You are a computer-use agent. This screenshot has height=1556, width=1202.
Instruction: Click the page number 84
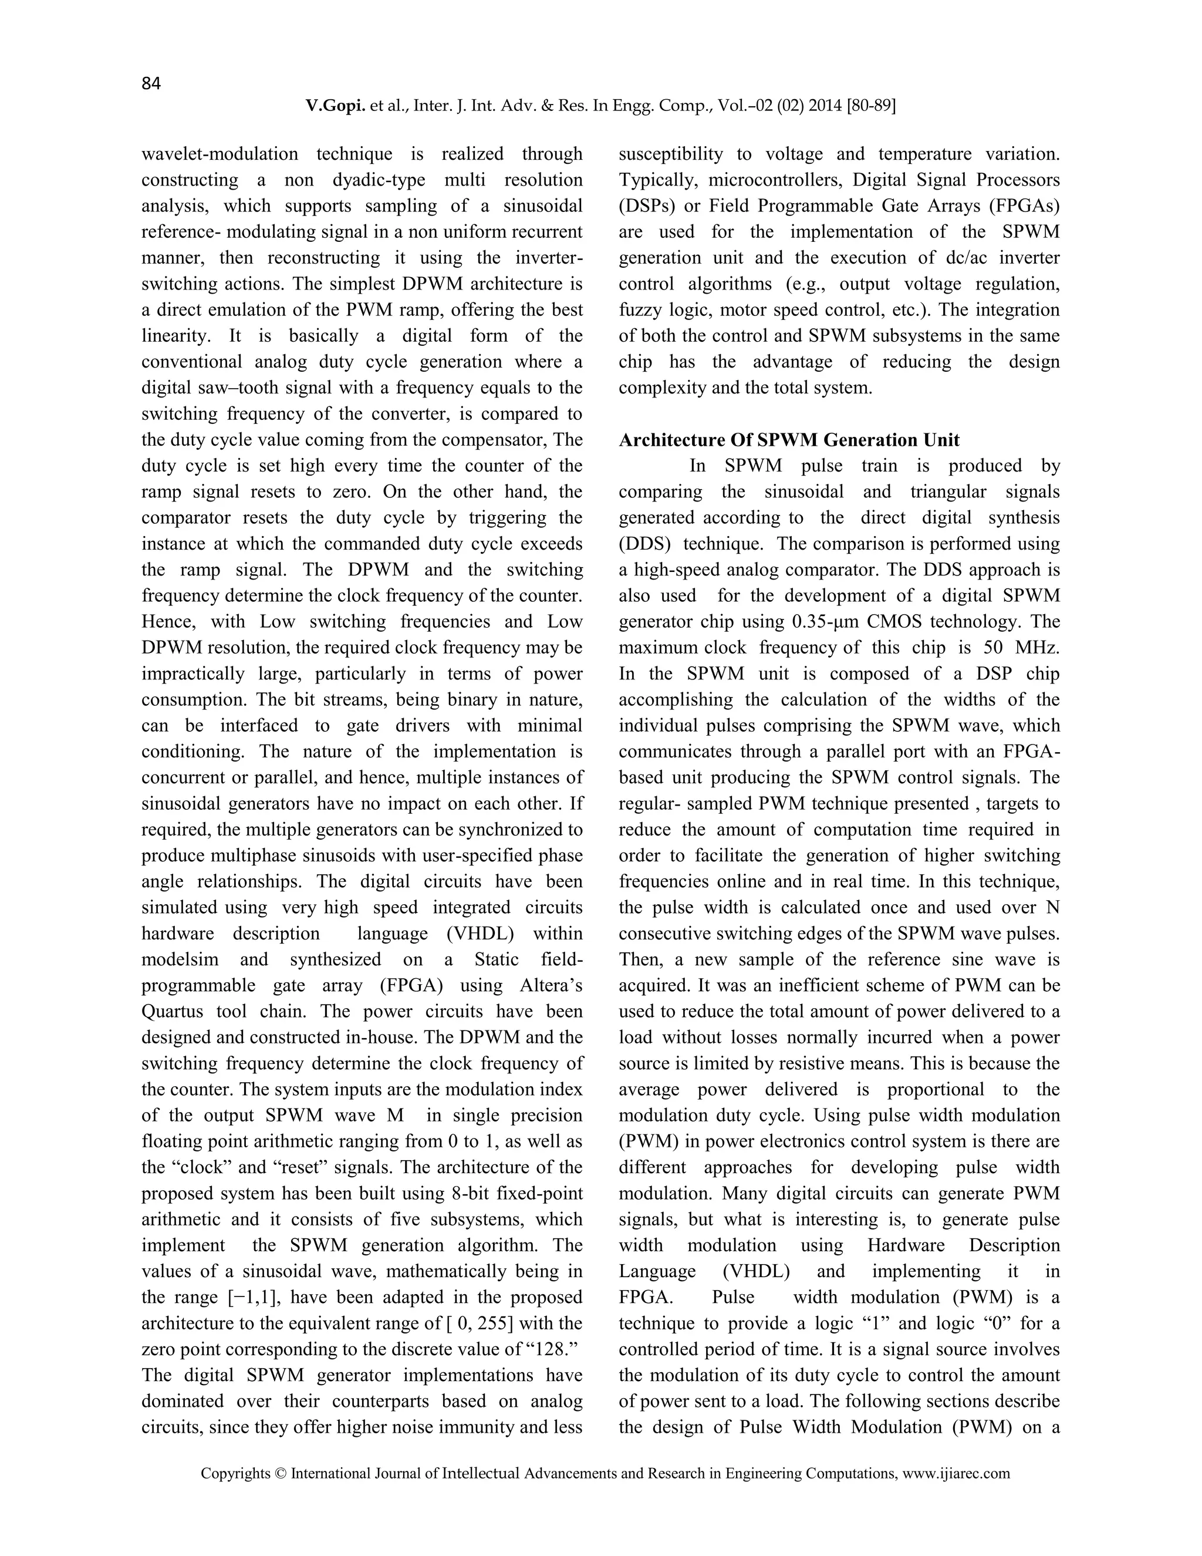click(151, 84)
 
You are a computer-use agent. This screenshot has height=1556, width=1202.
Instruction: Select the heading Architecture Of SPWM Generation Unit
click(789, 440)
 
